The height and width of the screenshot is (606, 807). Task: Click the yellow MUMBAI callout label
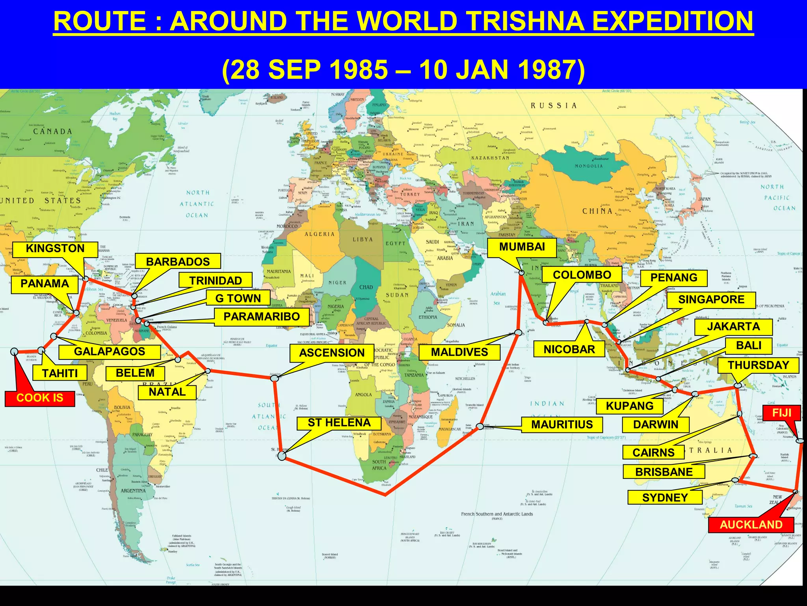pyautogui.click(x=522, y=247)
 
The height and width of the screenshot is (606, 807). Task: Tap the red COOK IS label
pyautogui.click(x=39, y=398)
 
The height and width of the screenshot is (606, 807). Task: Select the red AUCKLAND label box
pyautogui.click(x=751, y=525)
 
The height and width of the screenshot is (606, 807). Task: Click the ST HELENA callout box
pyautogui.click(x=339, y=423)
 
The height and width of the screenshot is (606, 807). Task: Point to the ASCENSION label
pyautogui.click(x=332, y=353)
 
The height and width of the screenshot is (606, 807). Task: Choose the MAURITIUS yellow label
pyautogui.click(x=562, y=425)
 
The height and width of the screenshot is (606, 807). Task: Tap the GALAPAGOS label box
pyautogui.click(x=110, y=352)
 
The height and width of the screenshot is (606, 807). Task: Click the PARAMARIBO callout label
pyautogui.click(x=262, y=317)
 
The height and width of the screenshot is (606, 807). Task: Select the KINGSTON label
pyautogui.click(x=55, y=249)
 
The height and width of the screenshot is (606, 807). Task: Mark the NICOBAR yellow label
pyautogui.click(x=569, y=350)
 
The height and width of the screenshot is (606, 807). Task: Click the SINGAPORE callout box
pyautogui.click(x=711, y=300)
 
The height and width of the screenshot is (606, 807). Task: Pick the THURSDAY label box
pyautogui.click(x=758, y=365)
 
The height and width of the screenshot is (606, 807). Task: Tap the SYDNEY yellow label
pyautogui.click(x=665, y=498)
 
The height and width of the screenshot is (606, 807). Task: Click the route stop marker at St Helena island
pyautogui.click(x=282, y=456)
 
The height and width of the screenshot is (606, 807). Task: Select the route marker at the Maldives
pyautogui.click(x=518, y=333)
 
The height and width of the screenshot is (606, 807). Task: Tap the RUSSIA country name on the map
pyautogui.click(x=554, y=106)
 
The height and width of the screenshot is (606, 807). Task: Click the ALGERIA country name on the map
pyautogui.click(x=319, y=234)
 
